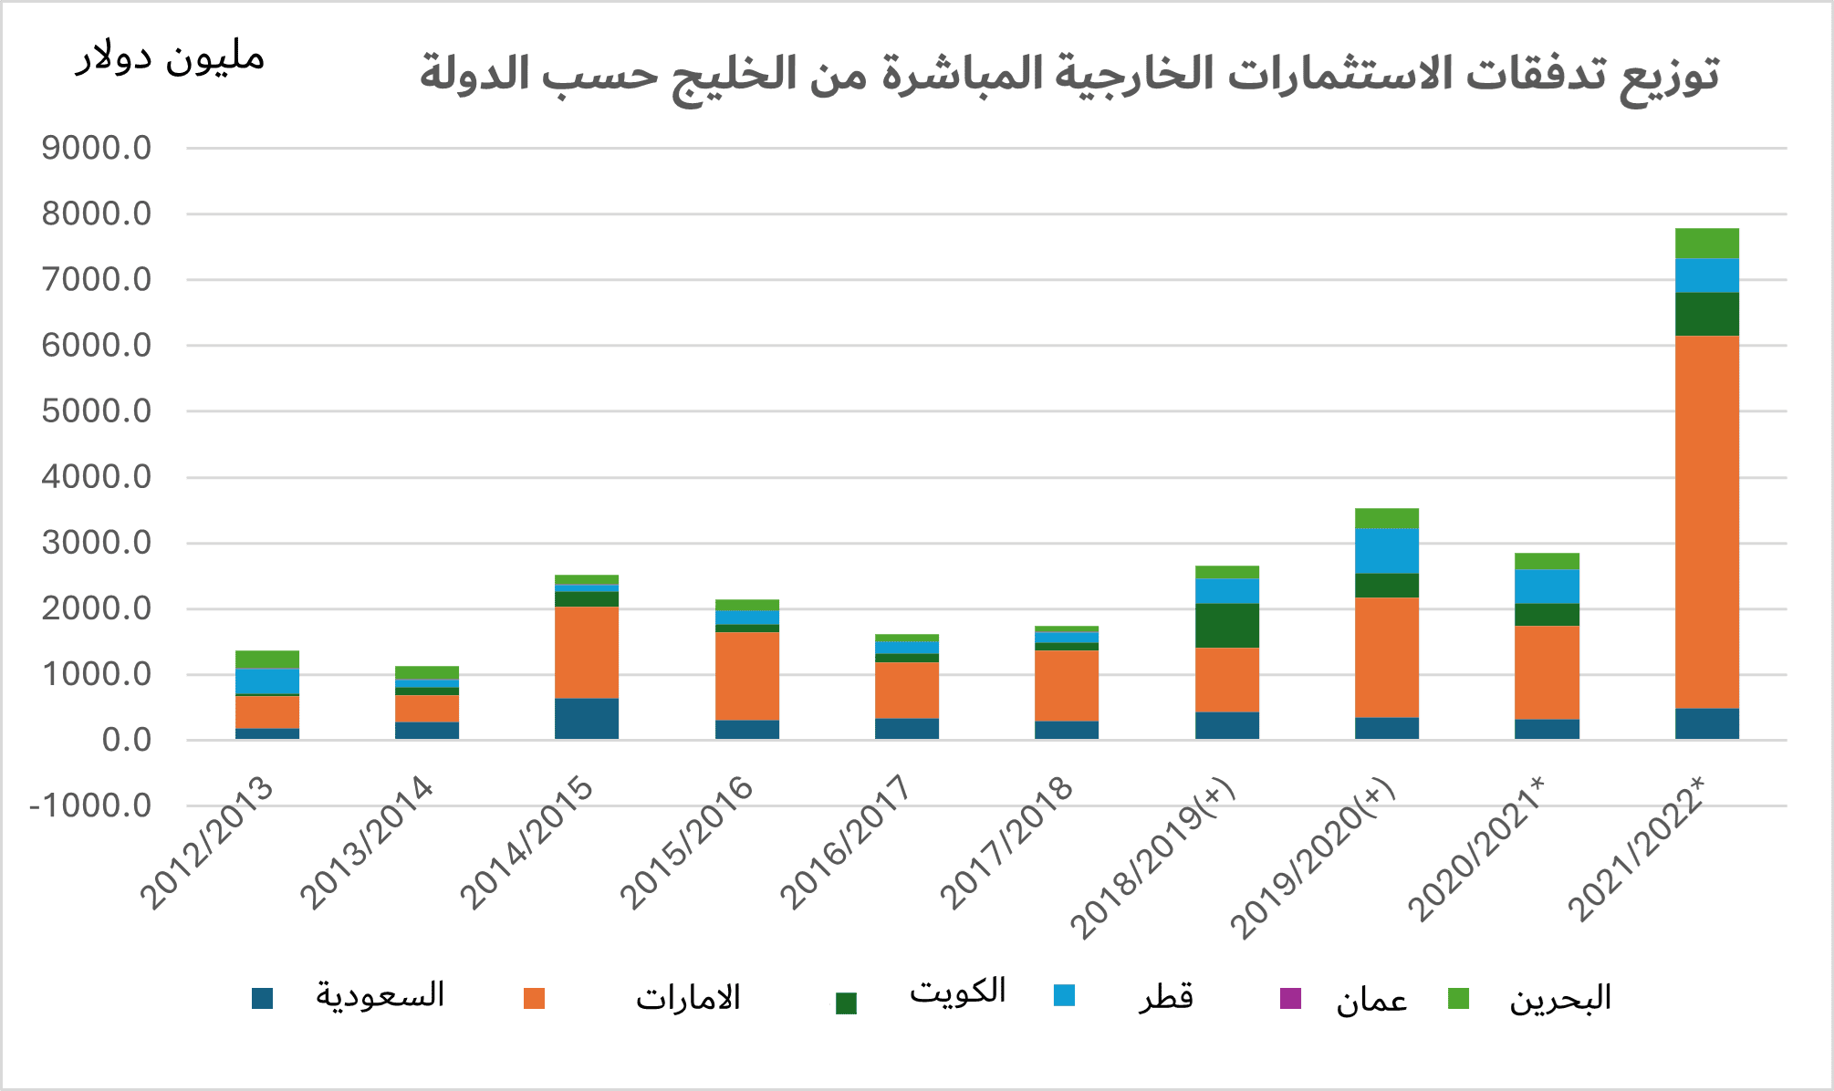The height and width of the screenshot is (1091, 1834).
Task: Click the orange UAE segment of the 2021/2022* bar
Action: [x=1706, y=522]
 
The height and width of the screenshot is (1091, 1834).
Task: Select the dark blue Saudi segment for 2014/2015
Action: [x=587, y=719]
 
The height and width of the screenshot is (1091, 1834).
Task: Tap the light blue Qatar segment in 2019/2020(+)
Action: [x=1387, y=551]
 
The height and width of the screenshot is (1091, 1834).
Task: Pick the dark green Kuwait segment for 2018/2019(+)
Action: [x=1227, y=626]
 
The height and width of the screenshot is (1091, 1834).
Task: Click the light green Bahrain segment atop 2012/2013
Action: [x=267, y=660]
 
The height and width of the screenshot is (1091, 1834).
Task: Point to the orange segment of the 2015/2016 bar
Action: [x=747, y=676]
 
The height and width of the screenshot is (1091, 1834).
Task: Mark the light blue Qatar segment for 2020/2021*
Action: [x=1547, y=587]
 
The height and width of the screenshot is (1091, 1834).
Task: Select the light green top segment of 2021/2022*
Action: [x=1706, y=244]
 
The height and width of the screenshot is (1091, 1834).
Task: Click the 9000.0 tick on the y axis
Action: [x=97, y=148]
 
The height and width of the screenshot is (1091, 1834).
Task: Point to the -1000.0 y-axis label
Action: [x=90, y=805]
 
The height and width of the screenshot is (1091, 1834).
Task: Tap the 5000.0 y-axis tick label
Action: [x=97, y=411]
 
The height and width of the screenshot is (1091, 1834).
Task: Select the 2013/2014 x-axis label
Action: [x=366, y=841]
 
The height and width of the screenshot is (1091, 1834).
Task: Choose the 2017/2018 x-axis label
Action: [x=1006, y=841]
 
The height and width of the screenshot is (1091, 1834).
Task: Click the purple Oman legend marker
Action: [x=1290, y=998]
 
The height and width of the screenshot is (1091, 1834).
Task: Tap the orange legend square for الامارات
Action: [x=534, y=998]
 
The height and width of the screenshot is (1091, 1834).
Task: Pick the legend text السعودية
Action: [x=380, y=994]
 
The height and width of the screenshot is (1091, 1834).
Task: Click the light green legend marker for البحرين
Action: [x=1458, y=998]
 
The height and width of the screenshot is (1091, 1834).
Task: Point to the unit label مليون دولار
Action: [x=170, y=58]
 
